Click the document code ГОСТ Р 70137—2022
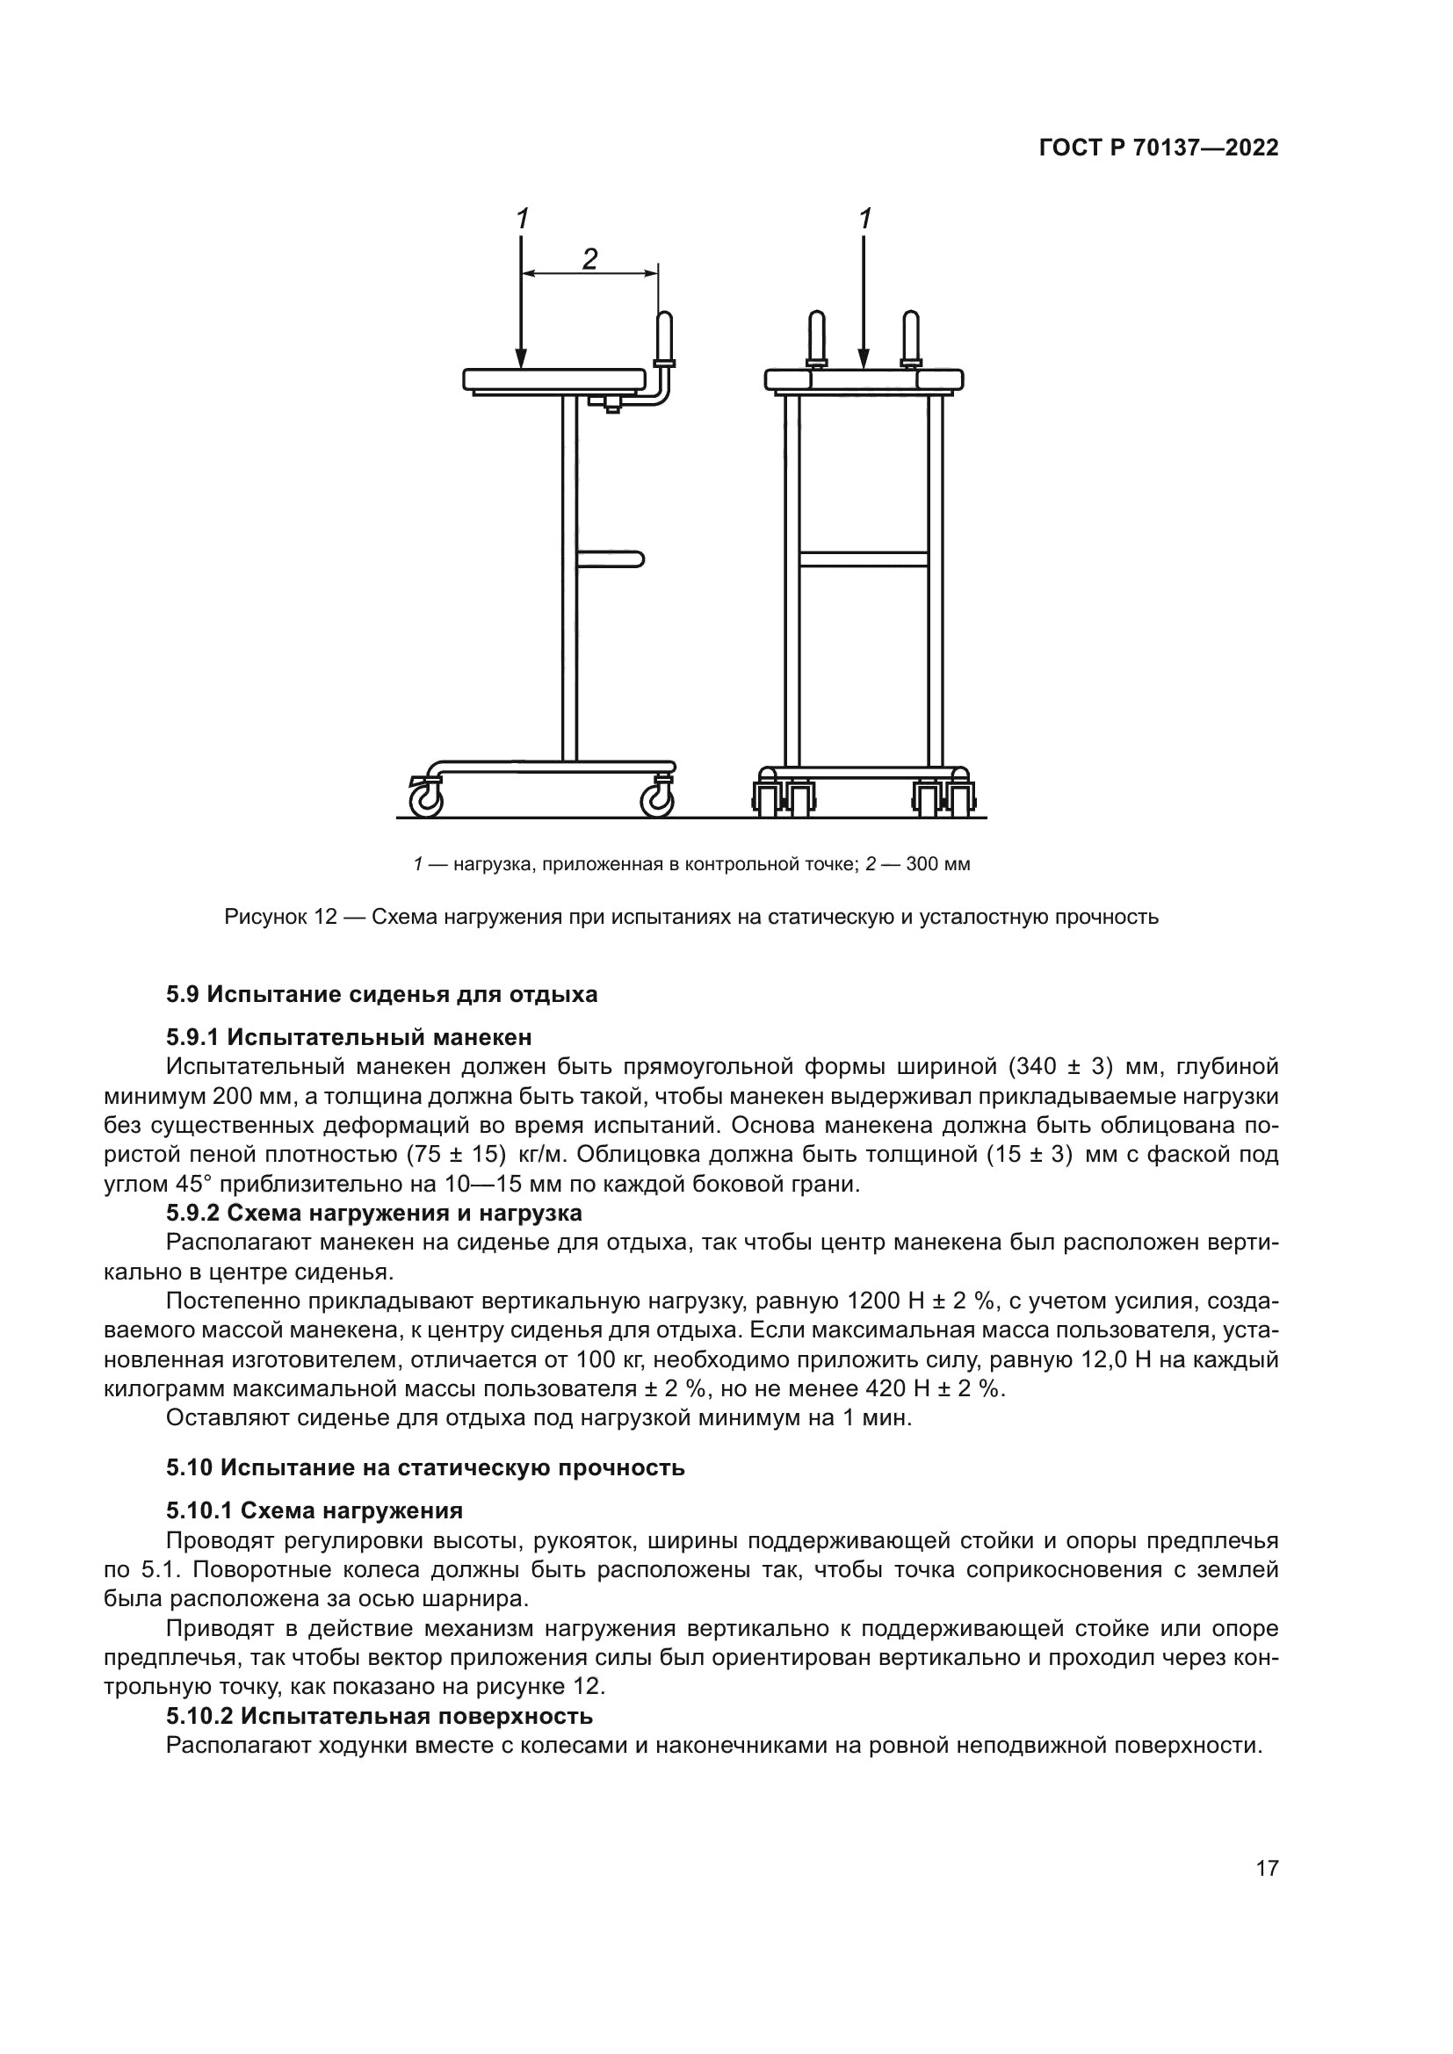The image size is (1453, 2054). point(1158,148)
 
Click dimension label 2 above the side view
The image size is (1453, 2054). point(589,258)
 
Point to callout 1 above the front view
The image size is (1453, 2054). point(864,220)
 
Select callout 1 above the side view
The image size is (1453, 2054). point(522,220)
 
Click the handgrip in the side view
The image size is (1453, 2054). point(665,334)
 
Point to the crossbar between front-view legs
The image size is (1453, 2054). point(864,559)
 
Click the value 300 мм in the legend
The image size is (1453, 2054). point(937,864)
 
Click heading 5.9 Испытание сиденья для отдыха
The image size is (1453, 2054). point(381,994)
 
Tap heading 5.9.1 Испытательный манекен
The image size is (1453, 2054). point(348,1037)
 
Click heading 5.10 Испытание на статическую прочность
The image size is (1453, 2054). point(425,1468)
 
